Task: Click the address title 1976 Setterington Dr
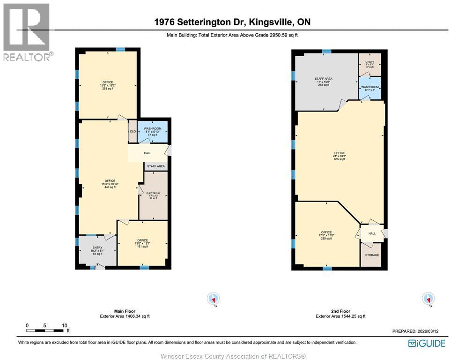233,22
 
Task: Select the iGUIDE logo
426,343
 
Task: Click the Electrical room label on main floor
153,195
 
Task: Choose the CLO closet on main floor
133,131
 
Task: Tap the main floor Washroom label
153,131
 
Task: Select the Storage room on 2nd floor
372,255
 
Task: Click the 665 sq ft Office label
340,156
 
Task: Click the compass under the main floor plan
214,298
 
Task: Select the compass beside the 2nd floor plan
428,298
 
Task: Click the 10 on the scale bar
65,325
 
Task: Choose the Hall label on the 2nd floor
372,233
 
